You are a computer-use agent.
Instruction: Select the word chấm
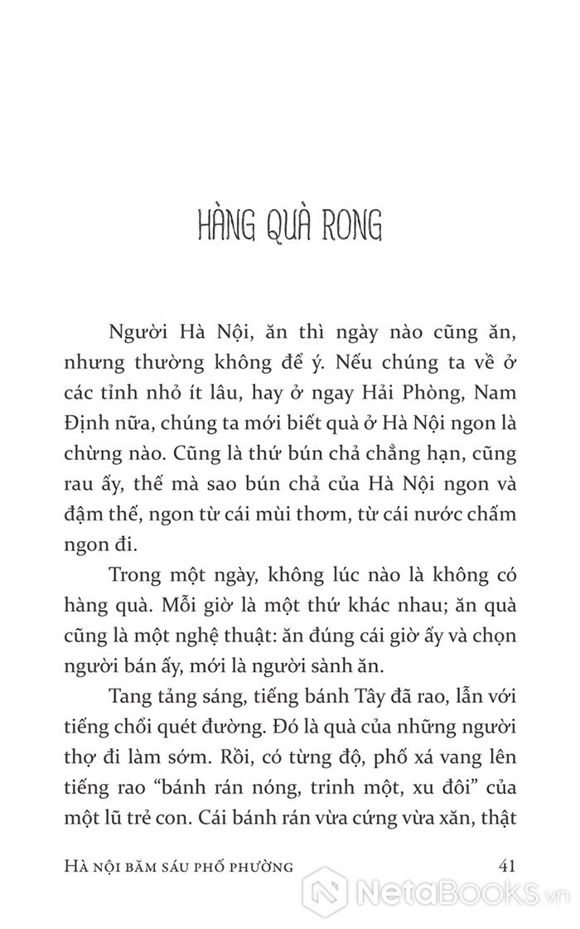coord(492,515)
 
